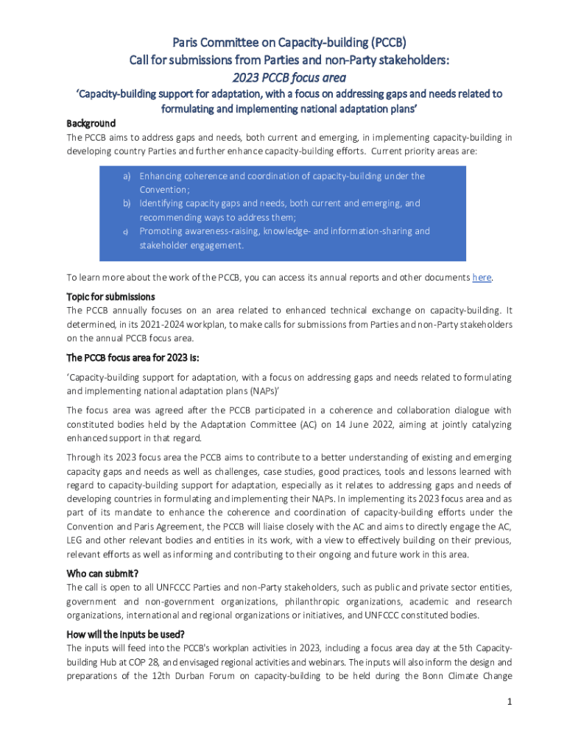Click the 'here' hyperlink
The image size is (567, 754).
click(x=482, y=278)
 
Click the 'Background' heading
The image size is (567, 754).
click(x=91, y=123)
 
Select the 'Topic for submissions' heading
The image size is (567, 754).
click(x=110, y=296)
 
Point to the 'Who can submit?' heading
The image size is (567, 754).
click(x=103, y=574)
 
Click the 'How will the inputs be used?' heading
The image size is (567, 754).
click(x=125, y=635)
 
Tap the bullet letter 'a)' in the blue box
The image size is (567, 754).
click(x=127, y=176)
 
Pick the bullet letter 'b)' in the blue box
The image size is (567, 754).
click(x=127, y=203)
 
